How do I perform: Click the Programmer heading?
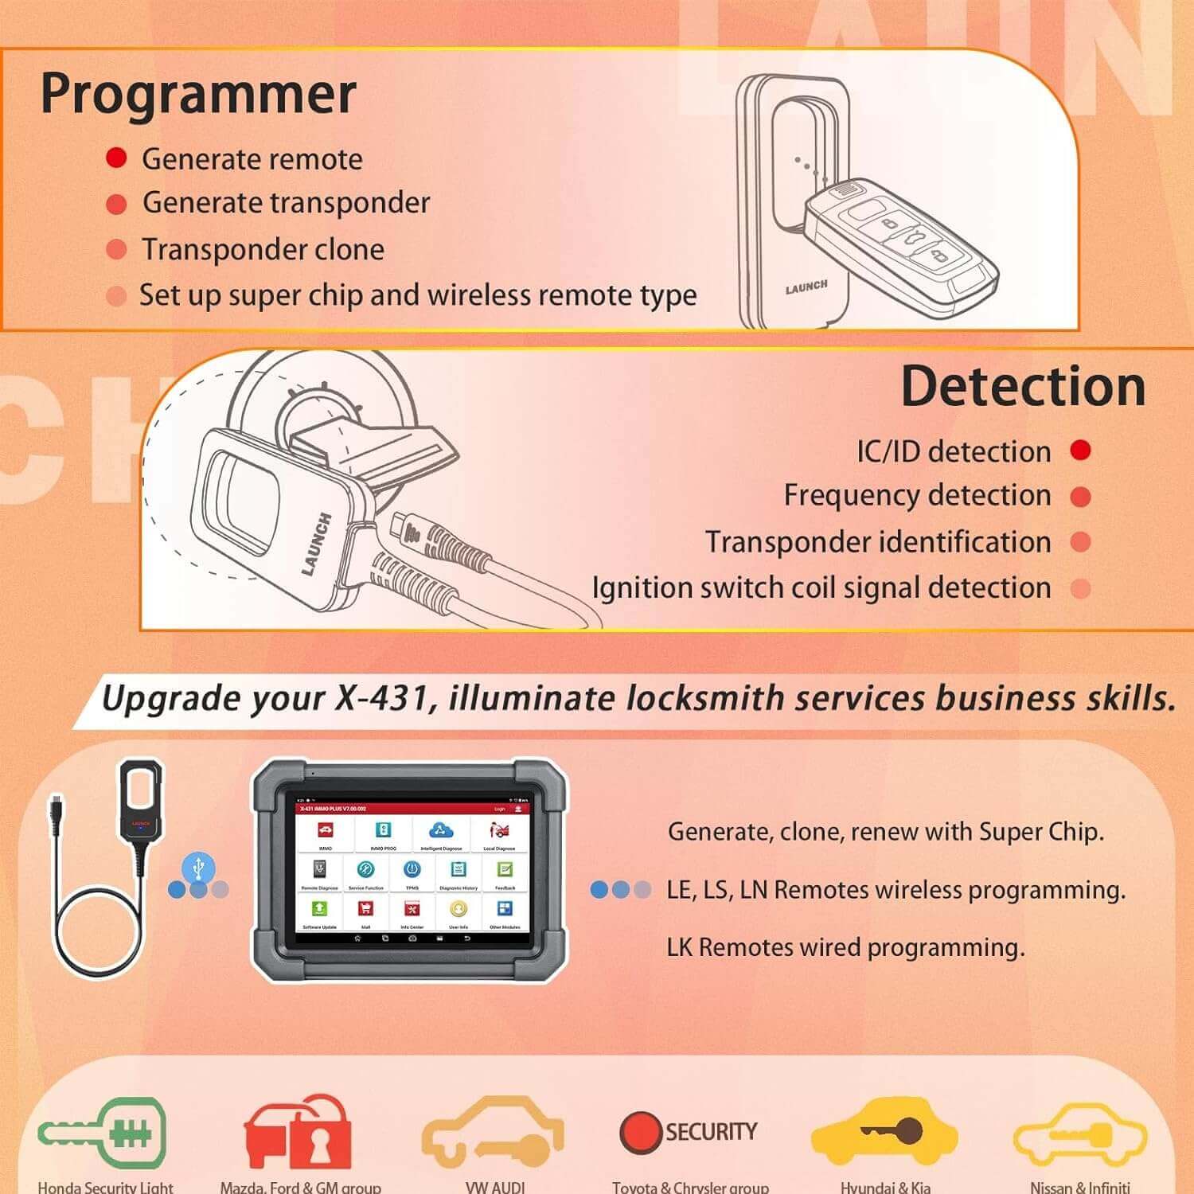point(198,95)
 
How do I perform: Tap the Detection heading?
point(1023,387)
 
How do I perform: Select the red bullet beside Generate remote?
point(116,158)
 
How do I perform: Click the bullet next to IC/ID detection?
point(1080,451)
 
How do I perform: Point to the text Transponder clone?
point(263,250)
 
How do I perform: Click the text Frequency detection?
point(917,495)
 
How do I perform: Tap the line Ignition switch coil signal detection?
point(821,587)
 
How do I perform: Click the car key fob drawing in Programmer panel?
point(899,239)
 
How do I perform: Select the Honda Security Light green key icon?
point(103,1131)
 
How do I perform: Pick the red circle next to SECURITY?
point(640,1131)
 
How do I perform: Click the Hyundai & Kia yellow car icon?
point(884,1131)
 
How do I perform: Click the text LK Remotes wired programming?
point(845,947)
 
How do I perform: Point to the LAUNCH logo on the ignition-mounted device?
point(316,544)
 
